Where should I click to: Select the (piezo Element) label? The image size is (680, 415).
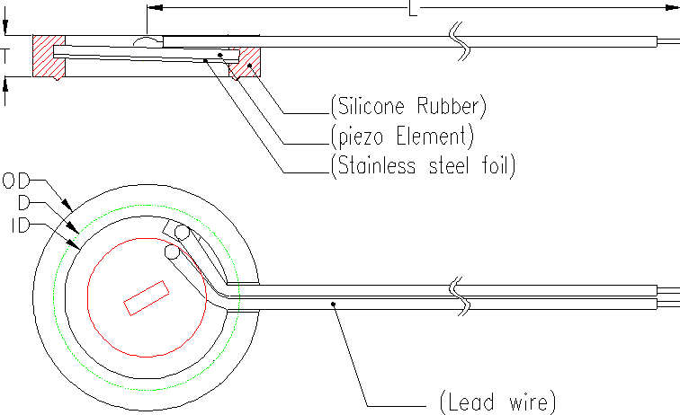click(401, 136)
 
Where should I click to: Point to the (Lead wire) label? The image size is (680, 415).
click(498, 401)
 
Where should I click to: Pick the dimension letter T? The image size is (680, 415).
click(6, 56)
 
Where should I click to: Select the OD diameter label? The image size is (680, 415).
click(16, 181)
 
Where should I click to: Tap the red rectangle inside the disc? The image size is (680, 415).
click(145, 297)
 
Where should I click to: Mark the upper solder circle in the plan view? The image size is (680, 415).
click(183, 232)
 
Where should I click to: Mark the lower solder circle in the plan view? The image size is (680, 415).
click(173, 254)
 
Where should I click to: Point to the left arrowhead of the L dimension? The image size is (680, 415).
click(153, 8)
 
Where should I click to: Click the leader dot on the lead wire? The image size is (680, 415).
click(334, 304)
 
